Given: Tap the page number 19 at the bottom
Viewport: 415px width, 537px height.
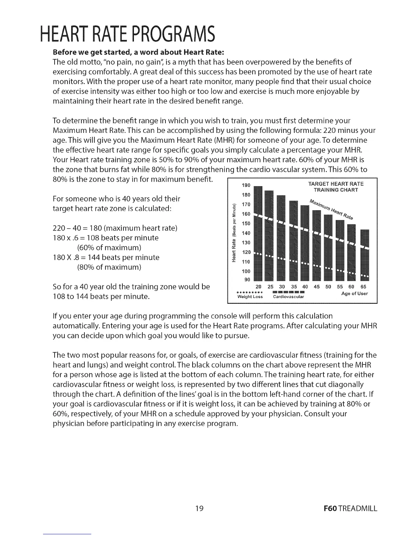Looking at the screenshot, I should (x=199, y=509).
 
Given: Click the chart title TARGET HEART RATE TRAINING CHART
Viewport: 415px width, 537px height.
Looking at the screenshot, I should (x=335, y=187).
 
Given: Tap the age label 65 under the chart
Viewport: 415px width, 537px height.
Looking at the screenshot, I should (x=363, y=287).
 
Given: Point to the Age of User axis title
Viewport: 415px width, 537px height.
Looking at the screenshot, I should (x=354, y=294).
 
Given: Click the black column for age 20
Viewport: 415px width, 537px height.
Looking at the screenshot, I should (x=258, y=234).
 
